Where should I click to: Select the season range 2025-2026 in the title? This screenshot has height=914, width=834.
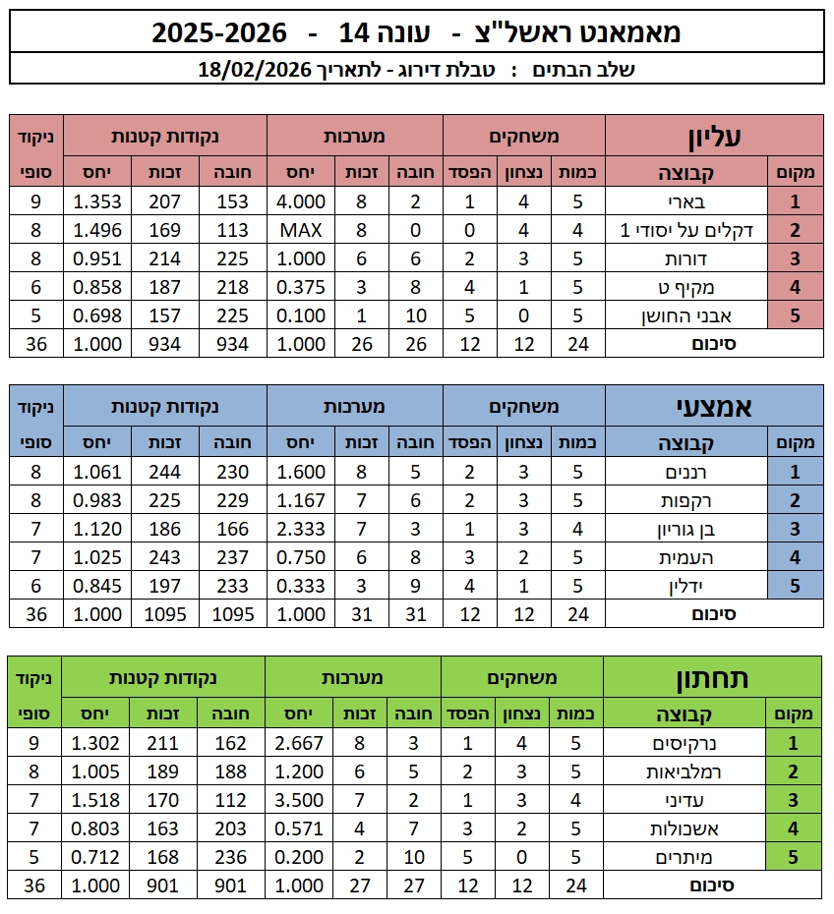coord(219,33)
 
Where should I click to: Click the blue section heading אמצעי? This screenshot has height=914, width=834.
coord(714,406)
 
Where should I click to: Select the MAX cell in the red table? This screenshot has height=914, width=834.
coord(301,231)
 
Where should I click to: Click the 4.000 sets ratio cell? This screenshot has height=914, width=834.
coord(301,202)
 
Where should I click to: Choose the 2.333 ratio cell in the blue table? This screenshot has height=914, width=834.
coord(301,530)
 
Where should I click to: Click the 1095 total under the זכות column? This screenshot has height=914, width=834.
coord(162,614)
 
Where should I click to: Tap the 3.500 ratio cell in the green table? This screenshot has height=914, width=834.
coord(301,800)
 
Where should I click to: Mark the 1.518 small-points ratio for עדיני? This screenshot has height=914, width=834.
coord(97,800)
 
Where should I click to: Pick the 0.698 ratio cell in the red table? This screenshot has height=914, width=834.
coord(97,316)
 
